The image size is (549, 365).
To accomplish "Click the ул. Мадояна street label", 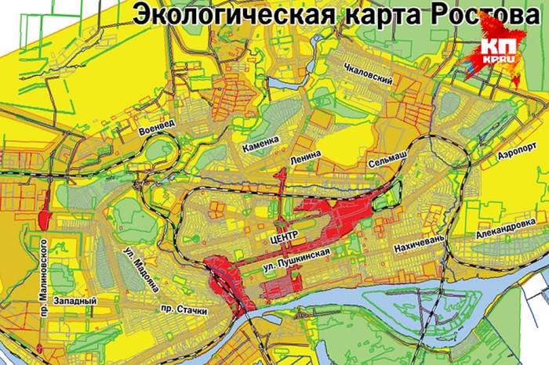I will (x=133, y=266).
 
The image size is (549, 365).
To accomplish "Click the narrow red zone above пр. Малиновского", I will (x=43, y=207).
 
